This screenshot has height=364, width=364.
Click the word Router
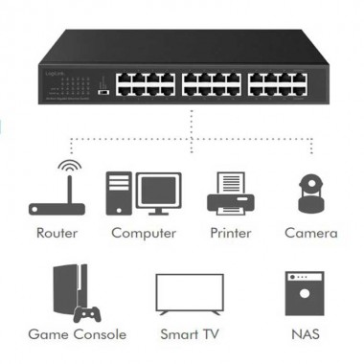point(57,233)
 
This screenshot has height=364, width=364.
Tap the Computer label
point(144,233)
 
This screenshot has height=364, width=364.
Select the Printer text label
point(232,233)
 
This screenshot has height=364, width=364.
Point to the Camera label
point(310,233)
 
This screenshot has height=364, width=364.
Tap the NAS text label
point(305,335)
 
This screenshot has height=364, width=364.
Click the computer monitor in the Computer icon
point(158,194)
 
